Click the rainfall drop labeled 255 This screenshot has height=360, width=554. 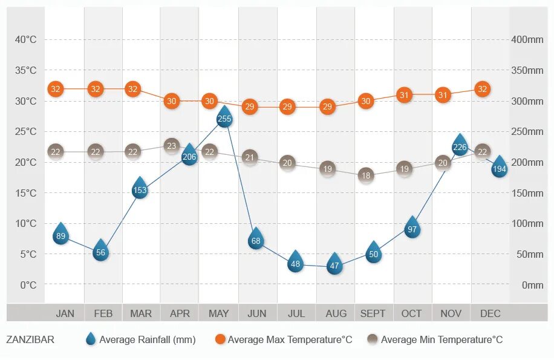coord(224,117)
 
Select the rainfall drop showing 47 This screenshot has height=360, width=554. coord(334,264)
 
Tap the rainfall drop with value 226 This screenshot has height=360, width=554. coord(460,146)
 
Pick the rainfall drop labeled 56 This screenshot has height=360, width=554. coord(101,252)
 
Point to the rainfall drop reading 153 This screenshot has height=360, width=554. coord(140,189)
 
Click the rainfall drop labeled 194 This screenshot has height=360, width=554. coord(499,168)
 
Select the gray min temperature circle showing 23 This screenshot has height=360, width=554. coord(172,146)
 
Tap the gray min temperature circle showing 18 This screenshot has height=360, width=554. coord(366,175)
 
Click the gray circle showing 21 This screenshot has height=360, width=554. coord(249,158)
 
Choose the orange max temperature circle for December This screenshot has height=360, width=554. coord(482,89)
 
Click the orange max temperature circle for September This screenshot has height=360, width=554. coord(366,101)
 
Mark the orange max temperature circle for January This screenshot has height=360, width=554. coord(56,89)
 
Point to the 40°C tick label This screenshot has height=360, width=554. coord(26,40)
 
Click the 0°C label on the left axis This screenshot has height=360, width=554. coord(28,285)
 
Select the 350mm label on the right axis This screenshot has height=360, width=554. coord(527,71)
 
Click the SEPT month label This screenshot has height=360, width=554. coord(373,313)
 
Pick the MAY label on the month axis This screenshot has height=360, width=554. coord(218,313)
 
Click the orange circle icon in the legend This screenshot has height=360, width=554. coord(220,339)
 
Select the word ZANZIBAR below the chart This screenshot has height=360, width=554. coord(30,340)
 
